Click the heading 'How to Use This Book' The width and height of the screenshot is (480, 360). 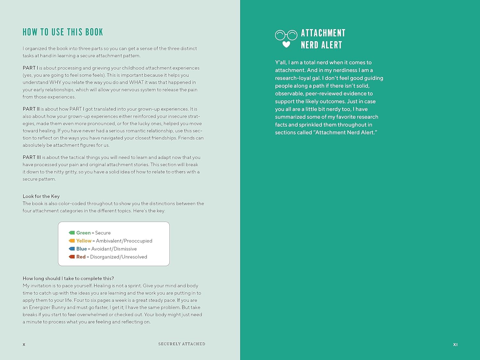click(x=63, y=32)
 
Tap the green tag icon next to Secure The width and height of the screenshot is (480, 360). click(x=72, y=233)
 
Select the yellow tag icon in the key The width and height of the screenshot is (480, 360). click(x=72, y=241)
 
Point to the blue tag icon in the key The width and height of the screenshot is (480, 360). click(x=72, y=249)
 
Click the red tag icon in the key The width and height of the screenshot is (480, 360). click(x=72, y=257)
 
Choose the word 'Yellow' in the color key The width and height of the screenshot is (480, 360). click(x=84, y=241)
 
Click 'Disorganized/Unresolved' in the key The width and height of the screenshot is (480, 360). click(x=118, y=257)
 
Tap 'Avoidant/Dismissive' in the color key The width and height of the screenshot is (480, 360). click(x=114, y=249)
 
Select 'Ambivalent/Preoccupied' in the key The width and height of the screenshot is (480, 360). click(x=124, y=241)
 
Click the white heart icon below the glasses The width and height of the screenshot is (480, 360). click(x=286, y=44)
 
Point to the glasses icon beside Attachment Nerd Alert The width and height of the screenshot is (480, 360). click(x=286, y=35)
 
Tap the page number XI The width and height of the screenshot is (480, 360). click(x=455, y=345)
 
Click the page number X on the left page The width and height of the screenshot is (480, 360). click(x=24, y=345)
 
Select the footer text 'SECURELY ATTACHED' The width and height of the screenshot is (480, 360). click(x=182, y=344)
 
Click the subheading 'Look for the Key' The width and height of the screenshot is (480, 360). click(x=41, y=196)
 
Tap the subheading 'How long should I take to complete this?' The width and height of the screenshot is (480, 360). click(x=68, y=278)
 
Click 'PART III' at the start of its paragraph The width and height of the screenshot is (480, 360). click(x=32, y=157)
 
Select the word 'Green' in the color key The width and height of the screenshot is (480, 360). click(x=84, y=233)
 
